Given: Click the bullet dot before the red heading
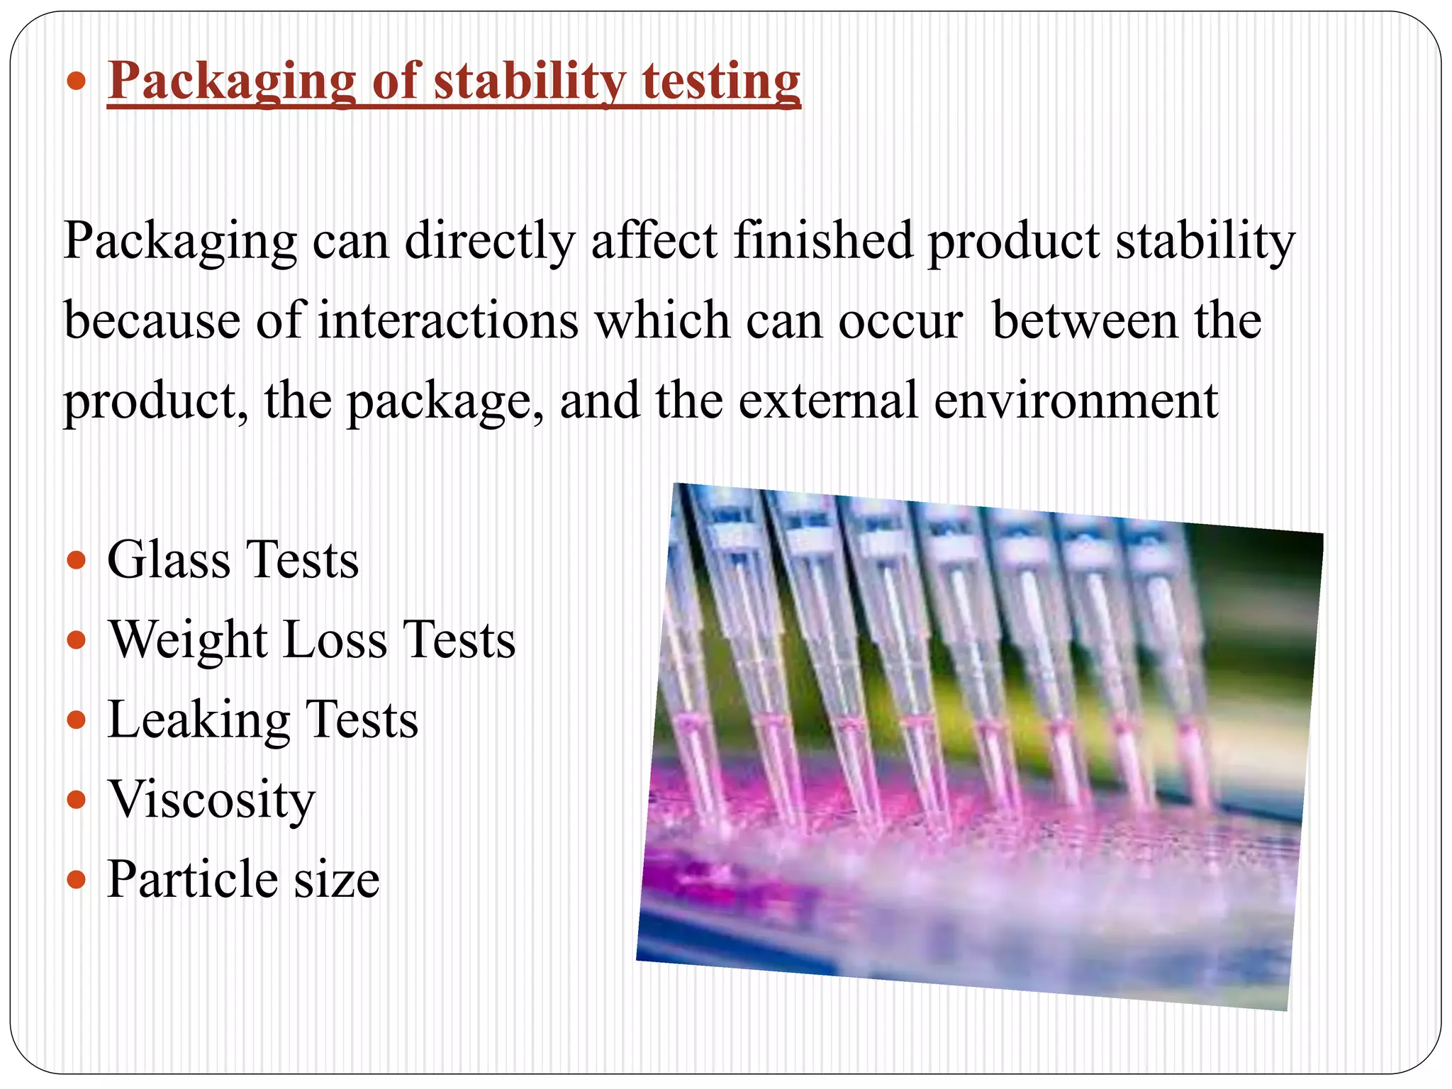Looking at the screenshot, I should [x=76, y=82].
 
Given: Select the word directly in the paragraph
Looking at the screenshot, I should [x=490, y=242].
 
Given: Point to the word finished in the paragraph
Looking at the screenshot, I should [x=822, y=240].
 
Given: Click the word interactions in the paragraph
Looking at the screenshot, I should [x=447, y=321].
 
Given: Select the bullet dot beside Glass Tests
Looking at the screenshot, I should [x=76, y=562].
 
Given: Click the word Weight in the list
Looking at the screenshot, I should [x=189, y=640].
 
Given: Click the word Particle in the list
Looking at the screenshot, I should [x=192, y=880].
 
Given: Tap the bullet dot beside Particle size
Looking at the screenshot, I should [x=76, y=881].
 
